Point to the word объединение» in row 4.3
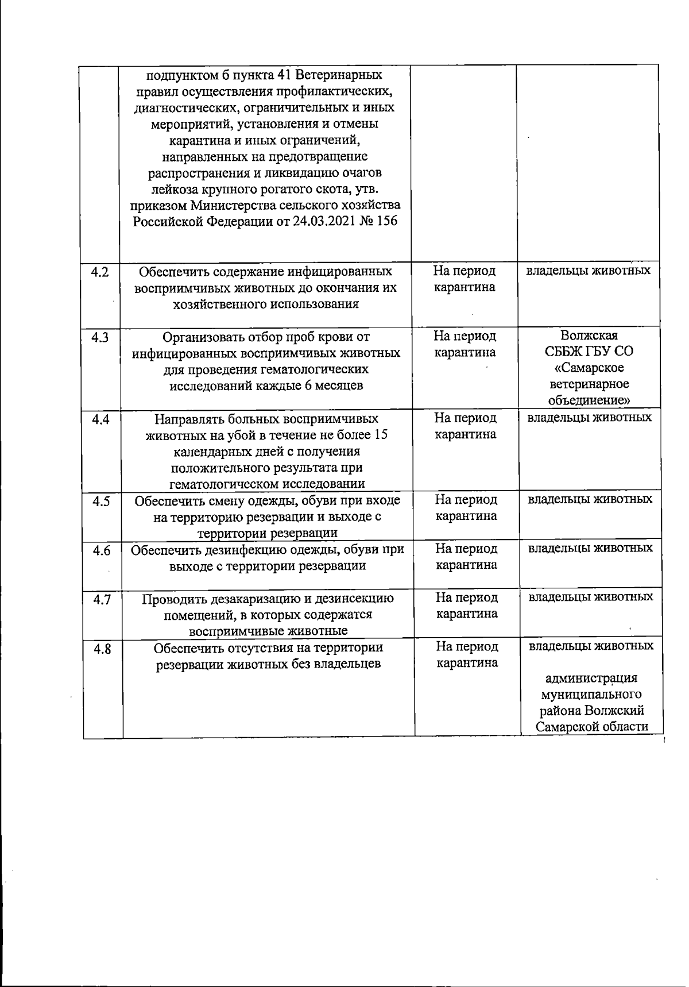click(x=589, y=400)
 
